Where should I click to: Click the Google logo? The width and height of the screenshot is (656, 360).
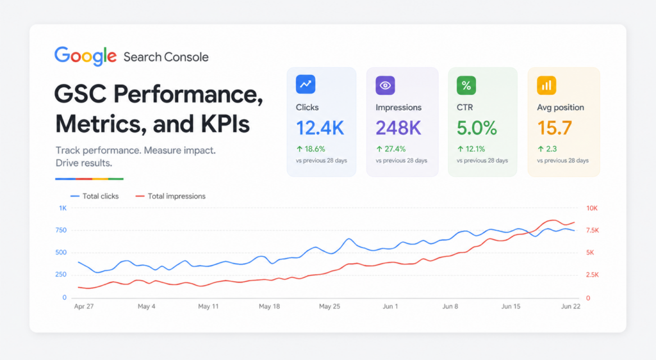point(85,56)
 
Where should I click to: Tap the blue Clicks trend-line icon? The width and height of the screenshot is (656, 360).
point(306,84)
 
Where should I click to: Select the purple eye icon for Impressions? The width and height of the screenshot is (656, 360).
point(385,85)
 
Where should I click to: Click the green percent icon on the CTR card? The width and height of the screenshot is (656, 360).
point(466,85)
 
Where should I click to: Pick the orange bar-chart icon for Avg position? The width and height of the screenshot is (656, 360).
point(546,85)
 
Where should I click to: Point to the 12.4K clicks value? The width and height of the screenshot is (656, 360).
point(320,128)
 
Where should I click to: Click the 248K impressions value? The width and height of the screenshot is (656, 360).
point(398,128)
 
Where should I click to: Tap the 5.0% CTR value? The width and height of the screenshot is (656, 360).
point(477,128)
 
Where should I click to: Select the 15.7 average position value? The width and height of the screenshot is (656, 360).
point(554,128)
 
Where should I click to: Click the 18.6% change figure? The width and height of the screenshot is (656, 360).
point(311,149)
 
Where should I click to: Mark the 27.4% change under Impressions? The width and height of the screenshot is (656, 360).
point(391,149)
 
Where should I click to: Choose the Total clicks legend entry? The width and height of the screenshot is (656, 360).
point(95,196)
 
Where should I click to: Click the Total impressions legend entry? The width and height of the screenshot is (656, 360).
point(170,196)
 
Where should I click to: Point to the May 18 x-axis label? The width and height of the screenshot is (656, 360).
point(270,306)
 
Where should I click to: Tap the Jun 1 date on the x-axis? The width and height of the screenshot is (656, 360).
point(390,306)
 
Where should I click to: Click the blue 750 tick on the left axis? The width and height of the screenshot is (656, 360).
point(61,231)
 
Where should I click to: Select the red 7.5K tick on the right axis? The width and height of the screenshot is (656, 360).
point(593,231)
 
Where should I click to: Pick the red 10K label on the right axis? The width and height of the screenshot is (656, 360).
point(592,208)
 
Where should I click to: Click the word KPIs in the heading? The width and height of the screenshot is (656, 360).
point(225,124)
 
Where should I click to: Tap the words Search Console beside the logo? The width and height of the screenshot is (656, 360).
point(166,57)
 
